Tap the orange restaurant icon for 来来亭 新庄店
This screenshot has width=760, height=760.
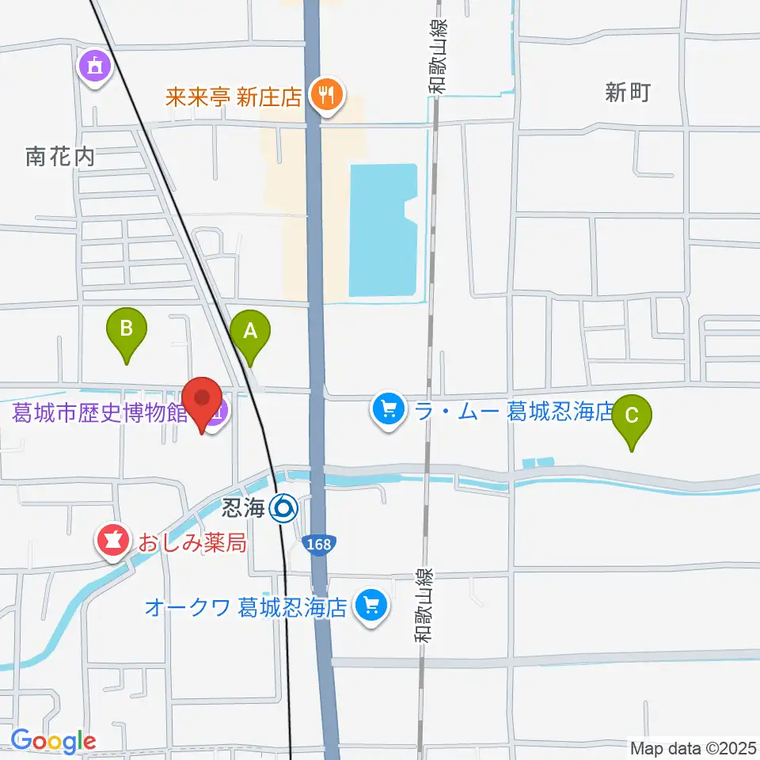(x=325, y=96)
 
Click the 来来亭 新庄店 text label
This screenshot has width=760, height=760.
(x=234, y=97)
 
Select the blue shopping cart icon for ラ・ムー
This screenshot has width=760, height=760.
(x=388, y=411)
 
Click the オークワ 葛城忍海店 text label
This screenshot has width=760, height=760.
(x=246, y=607)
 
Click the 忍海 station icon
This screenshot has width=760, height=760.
(x=283, y=507)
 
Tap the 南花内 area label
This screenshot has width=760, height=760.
(x=60, y=156)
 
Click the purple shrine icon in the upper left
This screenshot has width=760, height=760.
(x=94, y=67)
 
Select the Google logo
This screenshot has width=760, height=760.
(x=53, y=741)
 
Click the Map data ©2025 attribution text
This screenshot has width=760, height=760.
(x=693, y=747)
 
